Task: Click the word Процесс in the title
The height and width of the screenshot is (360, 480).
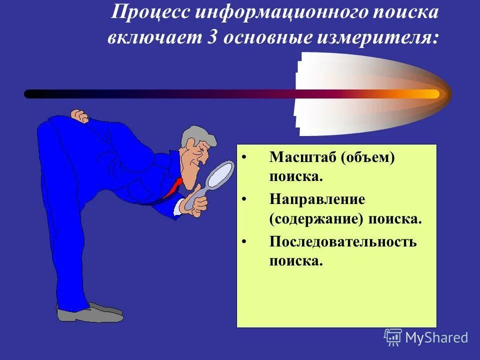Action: point(149,13)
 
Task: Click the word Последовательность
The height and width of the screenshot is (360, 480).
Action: point(343,242)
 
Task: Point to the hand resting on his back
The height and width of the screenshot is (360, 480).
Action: point(79,116)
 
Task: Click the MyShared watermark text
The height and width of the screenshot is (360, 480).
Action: point(436,337)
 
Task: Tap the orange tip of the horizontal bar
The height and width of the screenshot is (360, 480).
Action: point(430,93)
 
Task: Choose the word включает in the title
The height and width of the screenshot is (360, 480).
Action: point(152,38)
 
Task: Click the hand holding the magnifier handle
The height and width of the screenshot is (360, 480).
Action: point(196,202)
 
